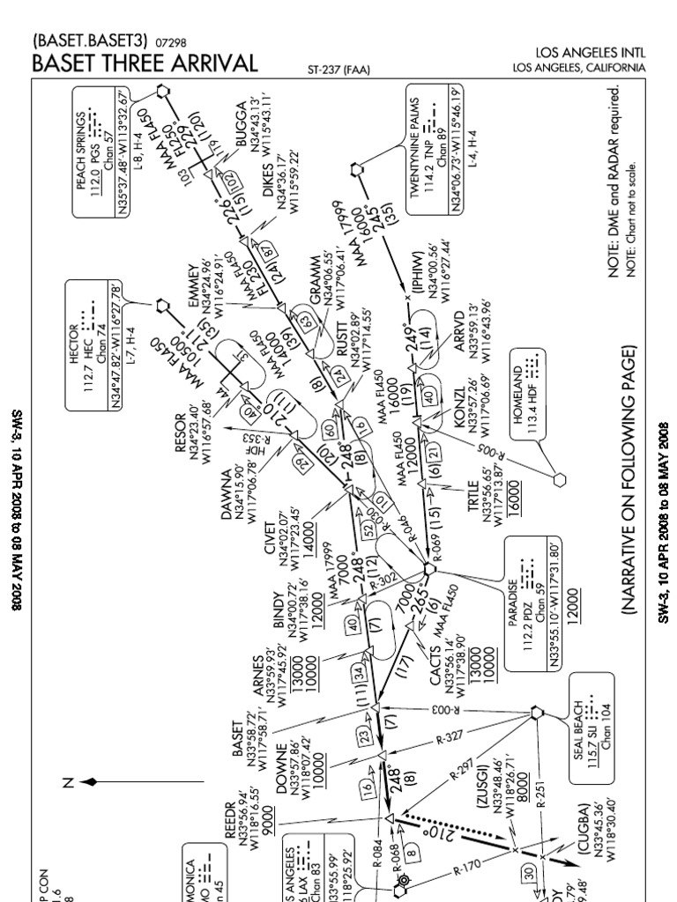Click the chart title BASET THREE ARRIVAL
(145, 63)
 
